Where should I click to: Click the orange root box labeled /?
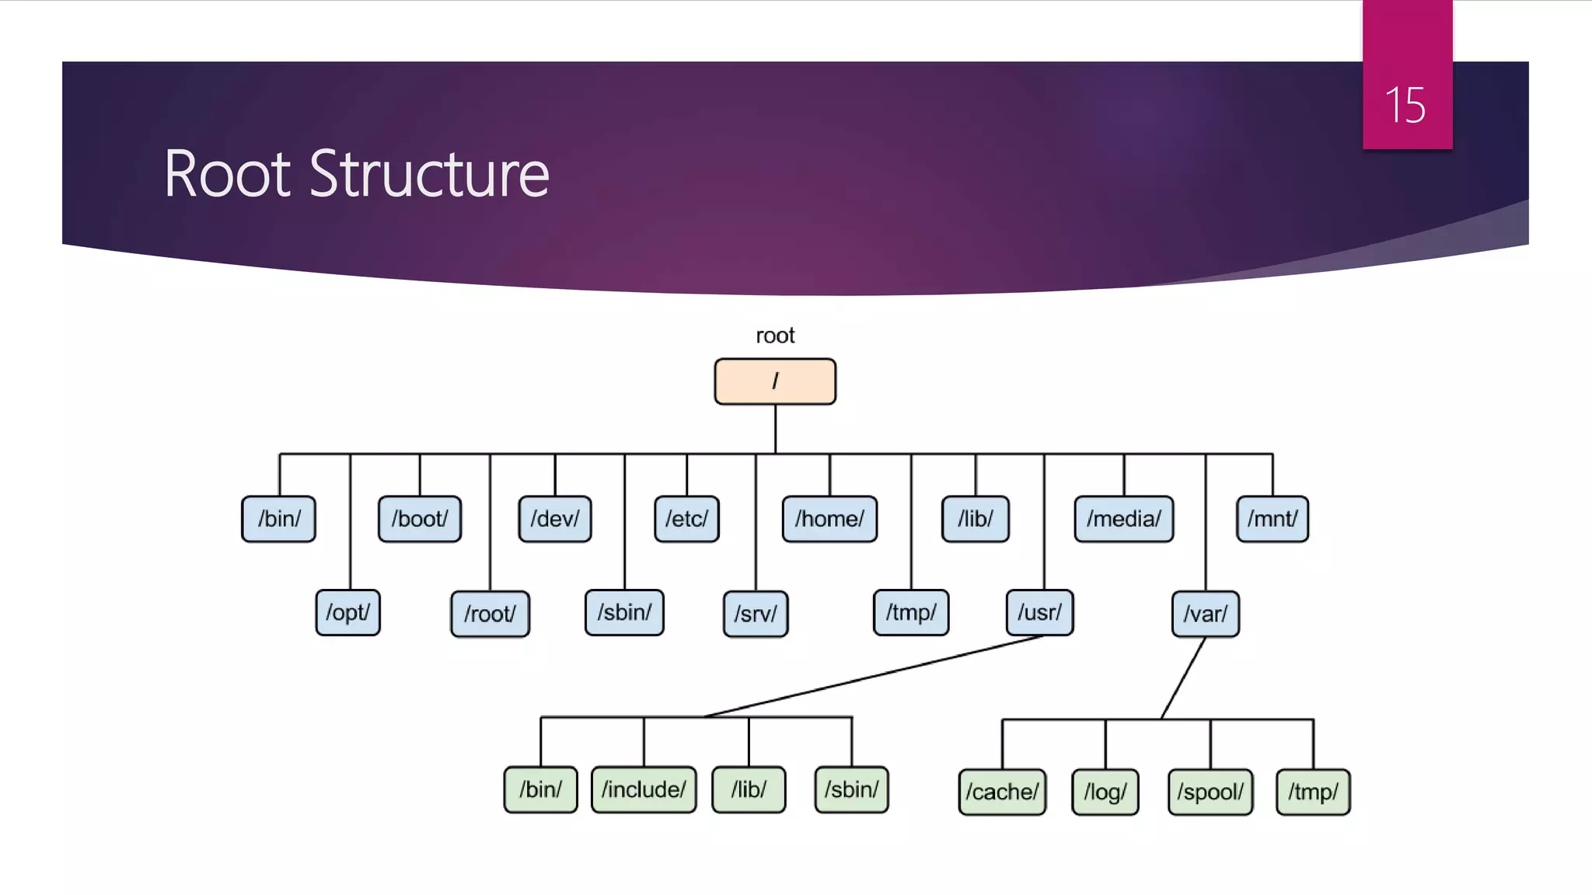(775, 381)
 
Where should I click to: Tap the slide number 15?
(1405, 106)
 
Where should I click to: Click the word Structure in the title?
(429, 174)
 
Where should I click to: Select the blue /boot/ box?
(420, 519)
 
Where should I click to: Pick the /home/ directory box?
(829, 519)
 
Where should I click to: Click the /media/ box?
(1124, 519)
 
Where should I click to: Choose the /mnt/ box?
(1273, 519)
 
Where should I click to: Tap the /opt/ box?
(347, 613)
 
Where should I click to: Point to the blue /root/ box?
(490, 615)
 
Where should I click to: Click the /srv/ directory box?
(756, 615)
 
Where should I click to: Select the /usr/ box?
(1039, 613)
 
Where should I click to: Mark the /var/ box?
(1205, 615)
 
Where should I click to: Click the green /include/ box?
(644, 790)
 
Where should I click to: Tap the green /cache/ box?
(1002, 792)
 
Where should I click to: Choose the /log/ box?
(1105, 792)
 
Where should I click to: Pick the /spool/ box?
(1210, 792)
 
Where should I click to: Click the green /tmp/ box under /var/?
(1313, 792)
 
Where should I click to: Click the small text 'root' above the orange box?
(775, 336)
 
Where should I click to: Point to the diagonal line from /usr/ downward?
(871, 676)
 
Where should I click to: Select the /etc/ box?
(686, 519)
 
